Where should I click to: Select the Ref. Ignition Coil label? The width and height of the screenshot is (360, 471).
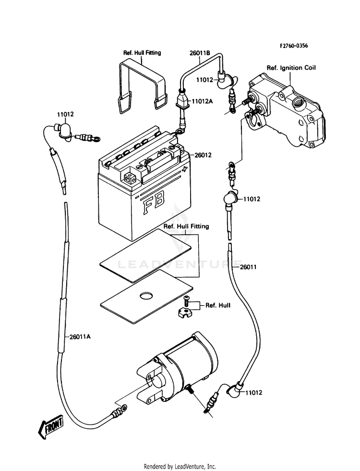click(291, 68)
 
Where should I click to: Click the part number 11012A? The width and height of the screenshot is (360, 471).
click(203, 102)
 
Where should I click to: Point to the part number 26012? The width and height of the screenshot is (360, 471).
click(203, 155)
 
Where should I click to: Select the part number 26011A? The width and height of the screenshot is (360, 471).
click(80, 337)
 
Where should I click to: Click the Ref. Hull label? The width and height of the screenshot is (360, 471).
click(217, 305)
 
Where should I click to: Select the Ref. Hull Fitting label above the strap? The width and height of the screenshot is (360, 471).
click(142, 53)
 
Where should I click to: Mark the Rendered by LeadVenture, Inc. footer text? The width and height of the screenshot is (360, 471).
click(180, 466)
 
